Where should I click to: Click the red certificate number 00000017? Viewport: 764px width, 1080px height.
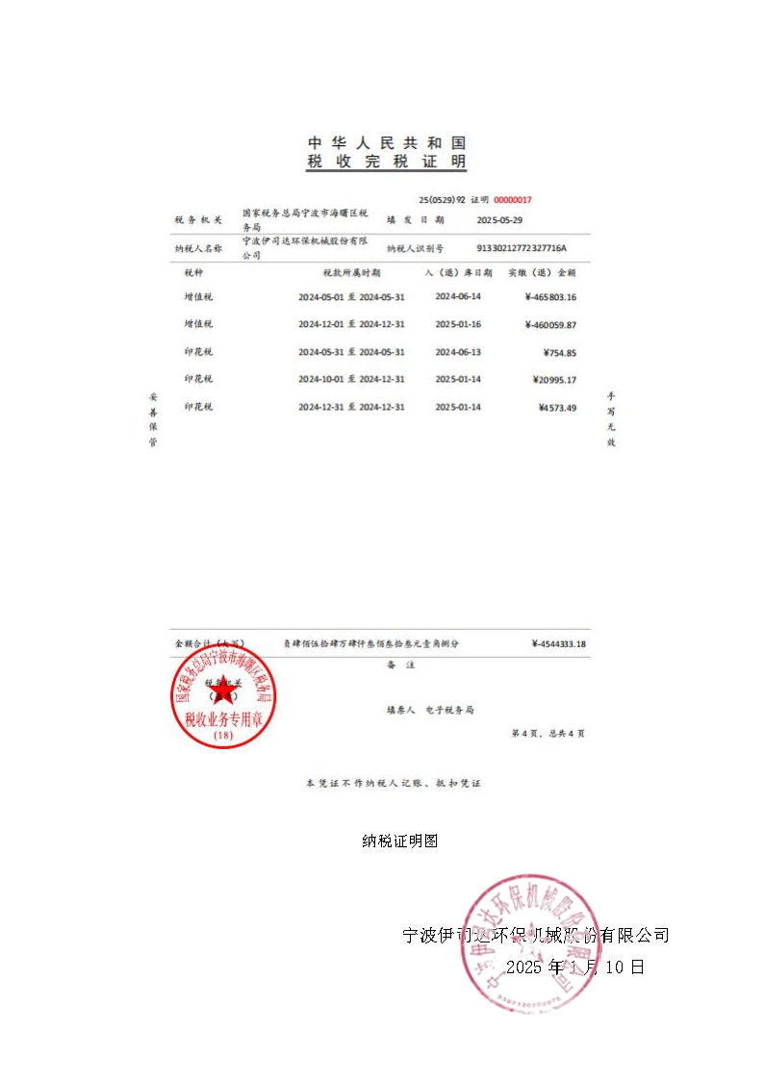tap(513, 200)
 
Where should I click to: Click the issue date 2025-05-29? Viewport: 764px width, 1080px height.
tap(499, 220)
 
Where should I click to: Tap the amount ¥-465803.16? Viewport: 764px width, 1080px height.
tap(550, 297)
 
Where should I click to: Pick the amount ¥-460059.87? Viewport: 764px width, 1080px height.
tap(550, 325)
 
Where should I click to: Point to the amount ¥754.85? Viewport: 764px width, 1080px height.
tap(558, 353)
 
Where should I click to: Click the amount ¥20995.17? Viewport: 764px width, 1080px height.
tap(554, 380)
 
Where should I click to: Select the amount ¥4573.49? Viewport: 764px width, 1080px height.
tap(557, 408)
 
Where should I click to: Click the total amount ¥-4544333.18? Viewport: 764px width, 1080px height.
tap(558, 644)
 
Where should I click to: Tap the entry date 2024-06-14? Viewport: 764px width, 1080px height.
tap(458, 297)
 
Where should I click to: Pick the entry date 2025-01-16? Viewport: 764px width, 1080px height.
tap(458, 325)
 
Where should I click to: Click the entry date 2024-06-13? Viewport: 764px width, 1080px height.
tap(458, 353)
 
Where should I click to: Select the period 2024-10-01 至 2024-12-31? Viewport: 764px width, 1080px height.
tap(351, 380)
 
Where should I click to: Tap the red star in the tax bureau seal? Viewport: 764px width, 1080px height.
tap(223, 691)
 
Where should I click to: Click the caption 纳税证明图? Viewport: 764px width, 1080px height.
tap(400, 841)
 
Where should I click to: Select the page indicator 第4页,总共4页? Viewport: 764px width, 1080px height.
tap(547, 734)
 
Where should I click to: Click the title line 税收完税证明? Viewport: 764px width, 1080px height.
tap(386, 163)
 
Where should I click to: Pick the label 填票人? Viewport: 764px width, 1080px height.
tap(400, 711)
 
